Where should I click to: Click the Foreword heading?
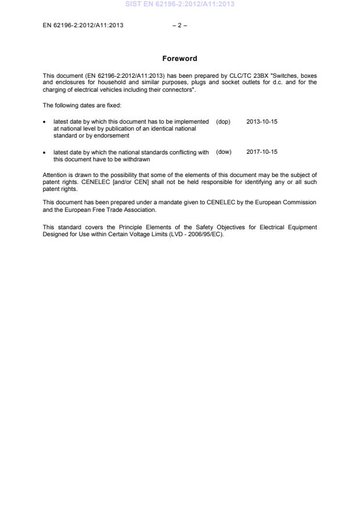click(x=179, y=59)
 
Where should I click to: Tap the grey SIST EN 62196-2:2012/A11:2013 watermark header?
click(x=179, y=5)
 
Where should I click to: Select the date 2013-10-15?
click(x=262, y=122)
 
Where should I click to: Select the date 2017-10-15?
click(x=262, y=152)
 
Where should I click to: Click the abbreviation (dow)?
click(x=224, y=152)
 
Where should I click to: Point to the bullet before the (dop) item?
click(x=45, y=122)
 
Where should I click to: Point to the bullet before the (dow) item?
click(x=45, y=152)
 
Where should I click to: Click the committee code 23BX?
click(x=273, y=75)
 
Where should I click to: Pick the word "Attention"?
click(x=54, y=175)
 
